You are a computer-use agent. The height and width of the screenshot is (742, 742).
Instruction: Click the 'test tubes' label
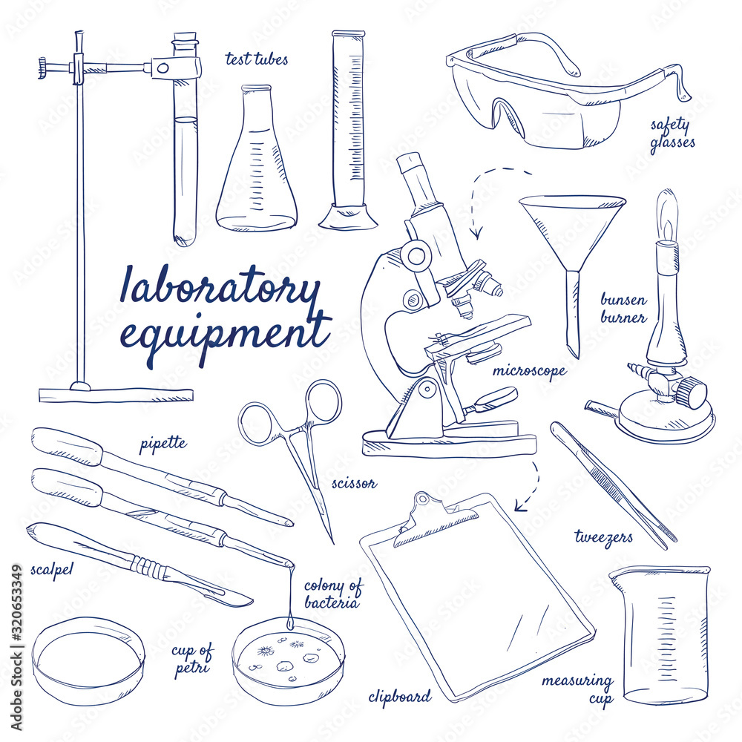point(257,59)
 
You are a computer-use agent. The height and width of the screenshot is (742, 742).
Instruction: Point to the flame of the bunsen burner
point(669,215)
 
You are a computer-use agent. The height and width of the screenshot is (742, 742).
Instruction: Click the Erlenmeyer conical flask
point(257,171)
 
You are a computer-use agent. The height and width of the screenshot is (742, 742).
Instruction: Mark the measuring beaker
point(659,634)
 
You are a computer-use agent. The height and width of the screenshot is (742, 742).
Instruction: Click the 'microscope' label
point(529,370)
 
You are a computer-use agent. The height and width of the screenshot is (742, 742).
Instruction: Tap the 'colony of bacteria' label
point(333,594)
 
